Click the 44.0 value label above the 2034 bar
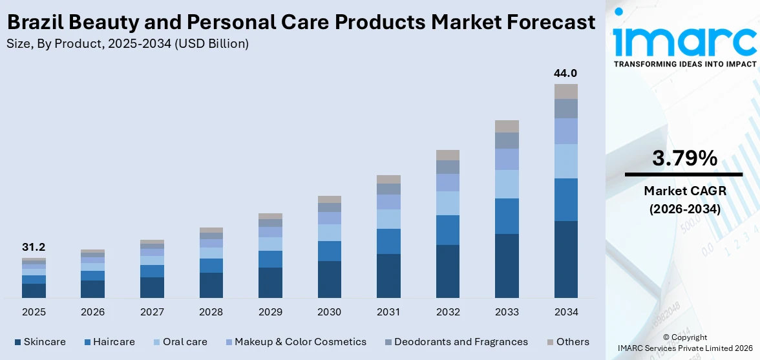565,73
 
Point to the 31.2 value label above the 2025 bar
34,247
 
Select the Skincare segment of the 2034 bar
565,259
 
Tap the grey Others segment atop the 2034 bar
565,91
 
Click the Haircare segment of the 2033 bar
507,216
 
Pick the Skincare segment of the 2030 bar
330,279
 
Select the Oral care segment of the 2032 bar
448,203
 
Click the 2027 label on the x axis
152,312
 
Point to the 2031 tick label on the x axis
388,312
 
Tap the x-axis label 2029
270,312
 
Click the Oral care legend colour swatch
156,342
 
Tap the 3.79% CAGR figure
683,158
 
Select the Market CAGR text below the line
683,191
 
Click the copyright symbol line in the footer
684,337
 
